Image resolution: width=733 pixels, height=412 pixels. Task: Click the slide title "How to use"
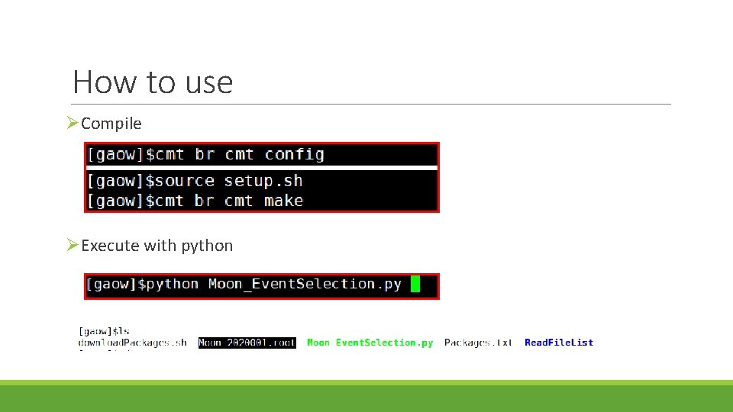coord(153,82)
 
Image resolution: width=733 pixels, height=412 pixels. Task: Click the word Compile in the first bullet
coord(111,124)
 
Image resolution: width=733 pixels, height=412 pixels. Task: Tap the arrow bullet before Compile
coord(73,123)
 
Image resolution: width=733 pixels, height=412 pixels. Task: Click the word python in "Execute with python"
coord(208,246)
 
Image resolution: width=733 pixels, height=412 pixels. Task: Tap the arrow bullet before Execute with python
coord(73,245)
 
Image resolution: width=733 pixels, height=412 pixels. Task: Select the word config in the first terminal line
coord(294,155)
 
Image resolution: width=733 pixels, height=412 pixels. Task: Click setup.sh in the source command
coord(263,182)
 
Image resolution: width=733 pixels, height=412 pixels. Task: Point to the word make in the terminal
coord(283,201)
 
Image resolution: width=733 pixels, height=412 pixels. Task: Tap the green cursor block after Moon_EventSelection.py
coord(415,285)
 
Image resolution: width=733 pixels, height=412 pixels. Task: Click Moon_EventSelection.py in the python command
coord(305,285)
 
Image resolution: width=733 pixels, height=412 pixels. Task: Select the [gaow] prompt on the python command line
coord(111,285)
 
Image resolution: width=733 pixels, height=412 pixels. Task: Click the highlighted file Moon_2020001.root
coord(247,343)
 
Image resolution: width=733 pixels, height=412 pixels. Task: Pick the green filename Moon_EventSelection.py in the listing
coord(370,343)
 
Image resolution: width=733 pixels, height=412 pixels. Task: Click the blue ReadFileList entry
coord(559,343)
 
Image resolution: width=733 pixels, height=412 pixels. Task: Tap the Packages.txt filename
coord(478,343)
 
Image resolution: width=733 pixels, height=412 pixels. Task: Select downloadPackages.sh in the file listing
coord(132,343)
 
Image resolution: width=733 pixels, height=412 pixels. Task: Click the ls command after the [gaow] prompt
coord(123,331)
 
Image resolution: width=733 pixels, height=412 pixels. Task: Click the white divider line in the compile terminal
coord(262,168)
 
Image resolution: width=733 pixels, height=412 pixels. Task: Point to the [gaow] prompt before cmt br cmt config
coord(115,155)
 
